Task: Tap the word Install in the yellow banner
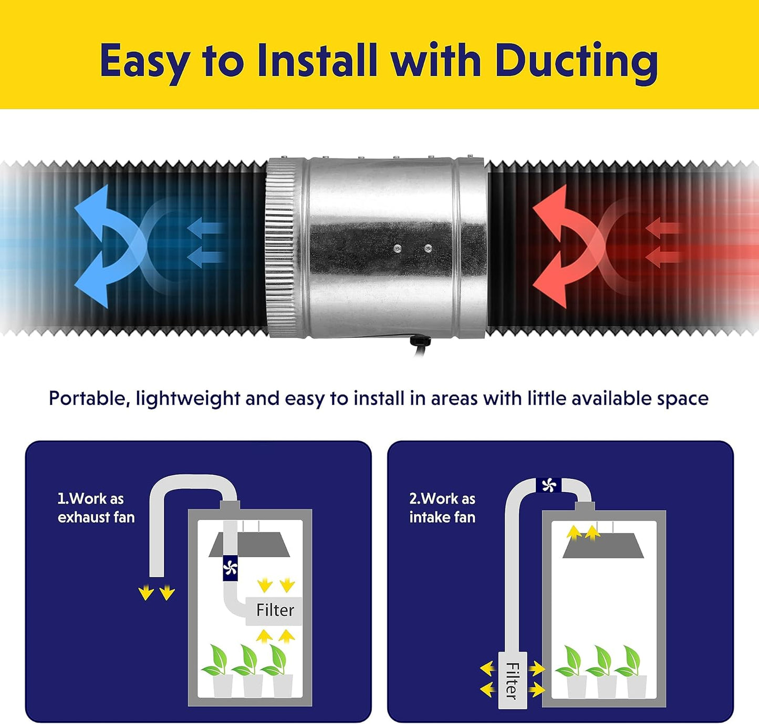[316, 59]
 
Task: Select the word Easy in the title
[145, 62]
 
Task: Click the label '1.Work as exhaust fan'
[96, 508]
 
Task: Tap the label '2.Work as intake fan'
[442, 508]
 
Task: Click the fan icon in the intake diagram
[548, 485]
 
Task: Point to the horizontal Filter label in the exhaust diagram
[275, 610]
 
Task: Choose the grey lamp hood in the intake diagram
[603, 545]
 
